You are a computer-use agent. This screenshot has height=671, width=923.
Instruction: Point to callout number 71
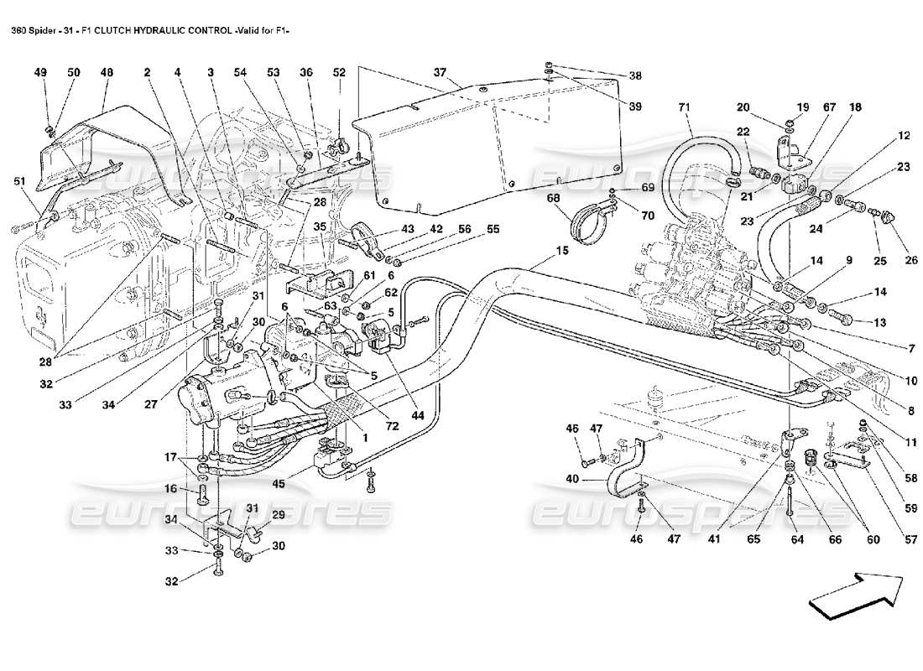pos(684,107)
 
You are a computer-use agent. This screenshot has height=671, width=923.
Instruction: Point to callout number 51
pos(19,180)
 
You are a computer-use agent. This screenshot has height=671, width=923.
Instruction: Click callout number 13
pos(879,323)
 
